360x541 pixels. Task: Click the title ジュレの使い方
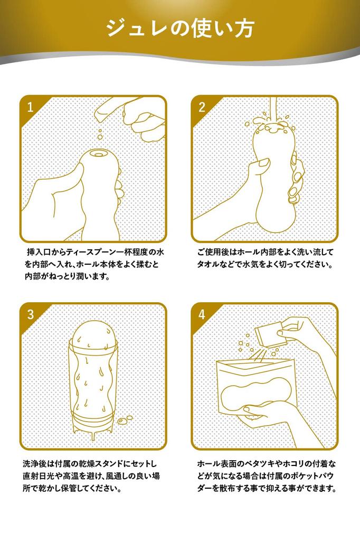point(181,28)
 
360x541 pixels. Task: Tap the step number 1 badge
point(31,107)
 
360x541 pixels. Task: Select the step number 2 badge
point(202,107)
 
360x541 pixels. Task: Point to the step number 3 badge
point(31,314)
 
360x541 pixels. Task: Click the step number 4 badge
point(202,314)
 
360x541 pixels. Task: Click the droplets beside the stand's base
point(125,419)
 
